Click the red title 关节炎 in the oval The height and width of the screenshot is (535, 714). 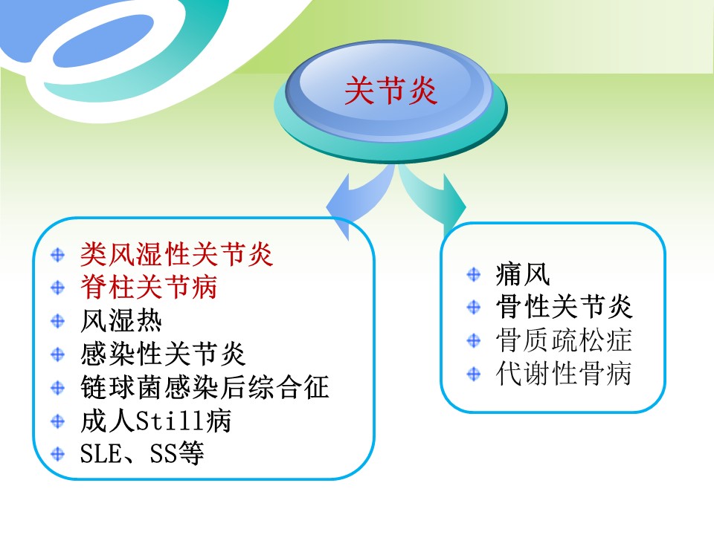(390, 90)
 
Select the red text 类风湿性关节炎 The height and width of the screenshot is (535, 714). (177, 254)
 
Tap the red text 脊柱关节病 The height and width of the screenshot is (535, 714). (149, 287)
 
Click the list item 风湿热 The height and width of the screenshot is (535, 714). (121, 321)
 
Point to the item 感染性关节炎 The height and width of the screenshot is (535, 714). (163, 354)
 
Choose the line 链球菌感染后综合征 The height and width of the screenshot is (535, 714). (205, 387)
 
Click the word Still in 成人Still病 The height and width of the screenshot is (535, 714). (171, 421)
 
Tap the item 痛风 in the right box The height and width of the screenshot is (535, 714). (523, 274)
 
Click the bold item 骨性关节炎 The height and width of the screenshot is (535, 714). (565, 307)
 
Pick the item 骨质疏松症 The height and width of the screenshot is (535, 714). (565, 340)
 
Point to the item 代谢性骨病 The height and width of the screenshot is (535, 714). (565, 374)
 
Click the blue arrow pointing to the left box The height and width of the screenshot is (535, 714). (360, 201)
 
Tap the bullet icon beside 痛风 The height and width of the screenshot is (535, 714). (474, 274)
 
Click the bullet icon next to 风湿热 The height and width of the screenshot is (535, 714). (58, 321)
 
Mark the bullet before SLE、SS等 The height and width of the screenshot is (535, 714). (58, 454)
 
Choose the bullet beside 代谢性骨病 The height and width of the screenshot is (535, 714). (474, 374)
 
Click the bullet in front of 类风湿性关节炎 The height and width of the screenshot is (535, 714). (58, 254)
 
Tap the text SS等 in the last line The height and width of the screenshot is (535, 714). (177, 453)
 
